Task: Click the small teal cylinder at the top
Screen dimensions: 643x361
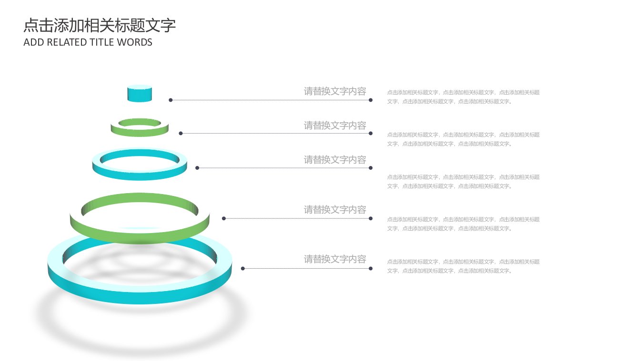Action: (140, 94)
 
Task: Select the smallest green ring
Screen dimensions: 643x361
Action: (140, 133)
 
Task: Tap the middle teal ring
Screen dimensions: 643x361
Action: (140, 176)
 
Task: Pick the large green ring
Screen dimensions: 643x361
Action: (140, 236)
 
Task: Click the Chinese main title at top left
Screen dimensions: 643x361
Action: (100, 25)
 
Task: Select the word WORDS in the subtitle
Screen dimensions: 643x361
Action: (135, 42)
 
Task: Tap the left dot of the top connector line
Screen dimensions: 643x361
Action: (171, 100)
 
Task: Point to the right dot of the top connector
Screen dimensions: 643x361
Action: (371, 100)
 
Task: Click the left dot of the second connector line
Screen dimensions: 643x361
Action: (181, 133)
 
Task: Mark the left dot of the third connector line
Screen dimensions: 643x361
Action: (197, 168)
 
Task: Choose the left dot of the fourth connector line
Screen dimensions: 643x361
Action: (224, 218)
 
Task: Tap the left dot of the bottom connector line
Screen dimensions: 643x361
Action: (243, 268)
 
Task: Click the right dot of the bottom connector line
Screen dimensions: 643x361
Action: (371, 268)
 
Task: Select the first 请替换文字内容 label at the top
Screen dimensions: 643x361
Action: (335, 91)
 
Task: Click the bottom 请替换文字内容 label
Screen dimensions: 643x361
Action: (335, 259)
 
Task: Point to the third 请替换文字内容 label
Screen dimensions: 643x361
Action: (335, 160)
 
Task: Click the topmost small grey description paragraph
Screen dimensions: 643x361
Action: (463, 97)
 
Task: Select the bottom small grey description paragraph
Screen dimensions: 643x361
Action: (463, 266)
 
